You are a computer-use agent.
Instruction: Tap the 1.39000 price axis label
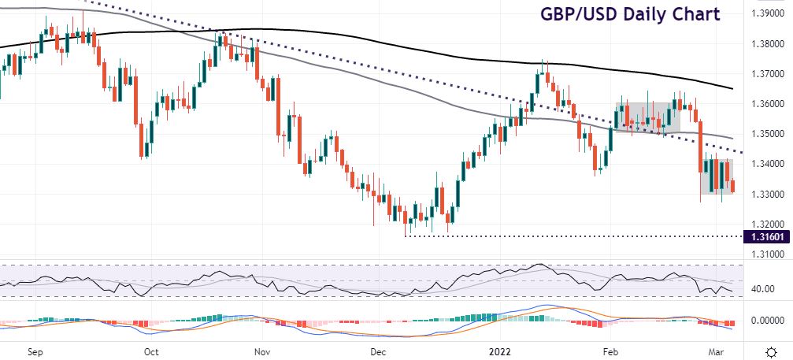767,14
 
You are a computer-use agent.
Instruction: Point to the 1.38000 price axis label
767,45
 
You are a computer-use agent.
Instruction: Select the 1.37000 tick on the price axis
767,75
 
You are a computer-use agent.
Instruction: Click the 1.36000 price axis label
767,105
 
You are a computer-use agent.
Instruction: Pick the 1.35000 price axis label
767,135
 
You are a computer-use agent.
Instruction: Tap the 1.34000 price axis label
767,165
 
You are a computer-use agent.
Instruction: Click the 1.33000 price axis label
767,195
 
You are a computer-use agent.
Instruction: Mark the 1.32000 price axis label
767,225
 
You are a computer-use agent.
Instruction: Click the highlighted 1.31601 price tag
766,236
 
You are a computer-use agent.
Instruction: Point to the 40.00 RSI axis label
762,289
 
